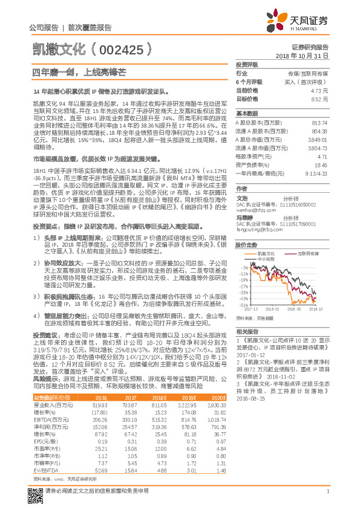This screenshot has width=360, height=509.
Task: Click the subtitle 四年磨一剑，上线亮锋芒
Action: point(79,72)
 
